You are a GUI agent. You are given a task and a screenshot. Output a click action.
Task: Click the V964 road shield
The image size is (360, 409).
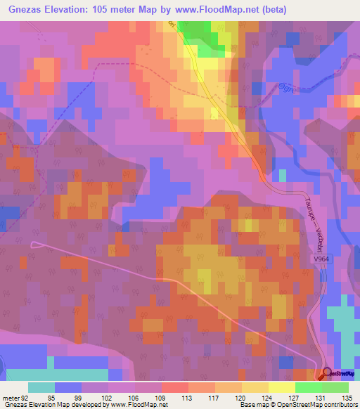(x=321, y=259)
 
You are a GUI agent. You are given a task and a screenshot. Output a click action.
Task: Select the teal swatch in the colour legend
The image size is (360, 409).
(x=41, y=387)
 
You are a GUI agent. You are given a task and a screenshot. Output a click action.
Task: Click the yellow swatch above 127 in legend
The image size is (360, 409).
(x=281, y=387)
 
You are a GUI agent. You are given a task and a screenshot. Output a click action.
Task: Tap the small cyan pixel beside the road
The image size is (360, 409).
(x=283, y=175)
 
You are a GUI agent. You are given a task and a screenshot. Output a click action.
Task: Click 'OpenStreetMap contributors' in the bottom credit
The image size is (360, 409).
(x=317, y=405)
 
